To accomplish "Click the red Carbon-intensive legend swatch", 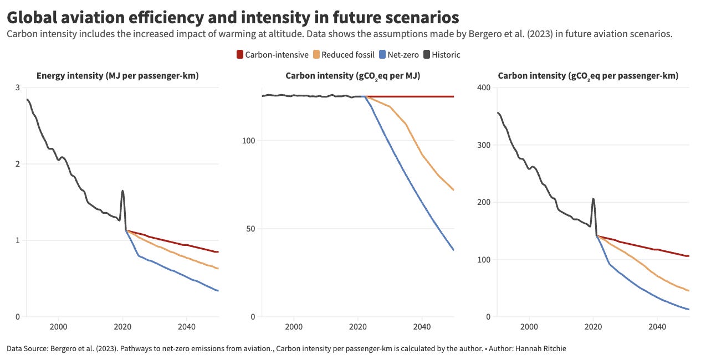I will point(240,54).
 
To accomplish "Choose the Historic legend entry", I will point(442,54).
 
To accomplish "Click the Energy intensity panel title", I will point(117,75).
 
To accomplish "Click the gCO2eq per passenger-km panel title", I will point(588,75).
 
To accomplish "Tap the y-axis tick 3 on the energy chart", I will point(18,88).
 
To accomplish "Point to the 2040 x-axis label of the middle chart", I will point(422,327).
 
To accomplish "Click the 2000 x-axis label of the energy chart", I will point(58,327).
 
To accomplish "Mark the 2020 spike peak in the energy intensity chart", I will point(122,191).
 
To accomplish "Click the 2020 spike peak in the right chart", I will point(593,199).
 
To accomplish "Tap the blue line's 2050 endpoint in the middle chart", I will point(454,250).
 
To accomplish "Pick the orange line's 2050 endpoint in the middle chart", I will point(454,190).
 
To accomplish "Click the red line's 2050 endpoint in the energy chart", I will point(218,252).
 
